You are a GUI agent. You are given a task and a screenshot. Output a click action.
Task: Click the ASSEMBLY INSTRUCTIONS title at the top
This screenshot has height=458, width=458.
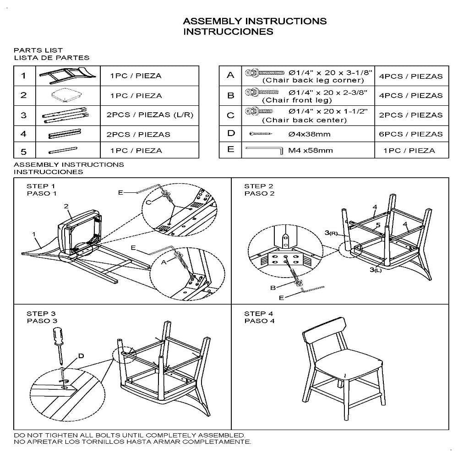pyautogui.click(x=255, y=22)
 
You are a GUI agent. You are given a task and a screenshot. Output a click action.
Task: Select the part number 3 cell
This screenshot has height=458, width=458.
pyautogui.click(x=24, y=115)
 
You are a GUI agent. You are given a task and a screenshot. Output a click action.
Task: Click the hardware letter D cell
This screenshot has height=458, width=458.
pyautogui.click(x=230, y=133)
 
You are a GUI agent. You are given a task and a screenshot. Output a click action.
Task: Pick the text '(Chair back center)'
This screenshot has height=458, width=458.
pyautogui.click(x=304, y=120)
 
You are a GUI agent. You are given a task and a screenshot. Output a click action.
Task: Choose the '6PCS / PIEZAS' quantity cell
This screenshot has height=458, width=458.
pyautogui.click(x=411, y=134)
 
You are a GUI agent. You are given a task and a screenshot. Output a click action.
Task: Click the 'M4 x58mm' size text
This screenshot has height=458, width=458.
pyautogui.click(x=310, y=150)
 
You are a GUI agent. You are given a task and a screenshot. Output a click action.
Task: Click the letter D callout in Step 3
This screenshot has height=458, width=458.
pyautogui.click(x=81, y=355)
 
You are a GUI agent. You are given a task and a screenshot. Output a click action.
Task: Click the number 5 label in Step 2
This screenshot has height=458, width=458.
pyautogui.click(x=378, y=225)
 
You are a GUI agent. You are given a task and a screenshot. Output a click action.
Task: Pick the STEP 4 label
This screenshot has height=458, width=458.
pyautogui.click(x=259, y=314)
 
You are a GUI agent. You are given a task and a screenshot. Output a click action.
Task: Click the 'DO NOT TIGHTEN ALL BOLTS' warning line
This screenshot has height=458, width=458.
pyautogui.click(x=129, y=435)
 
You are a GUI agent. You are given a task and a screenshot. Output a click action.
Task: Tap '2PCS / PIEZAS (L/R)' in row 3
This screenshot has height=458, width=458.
pyautogui.click(x=150, y=115)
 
